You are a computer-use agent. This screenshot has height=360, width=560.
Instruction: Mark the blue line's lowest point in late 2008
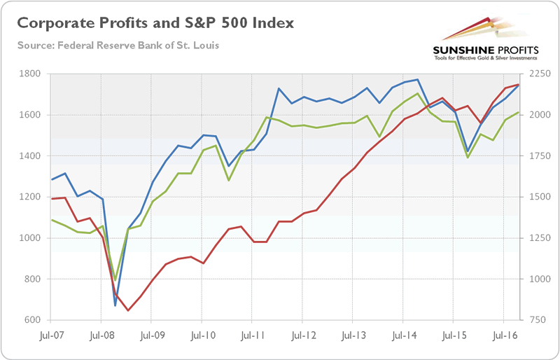(x=115, y=305)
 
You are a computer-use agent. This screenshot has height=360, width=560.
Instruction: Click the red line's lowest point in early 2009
(x=128, y=310)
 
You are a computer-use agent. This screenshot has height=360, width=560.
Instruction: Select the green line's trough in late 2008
(x=115, y=280)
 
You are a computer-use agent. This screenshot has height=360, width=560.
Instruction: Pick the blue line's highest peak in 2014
(x=417, y=79)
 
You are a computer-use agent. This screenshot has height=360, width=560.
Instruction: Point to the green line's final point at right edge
(x=518, y=112)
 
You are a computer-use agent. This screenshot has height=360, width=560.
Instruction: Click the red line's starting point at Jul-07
(x=52, y=199)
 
